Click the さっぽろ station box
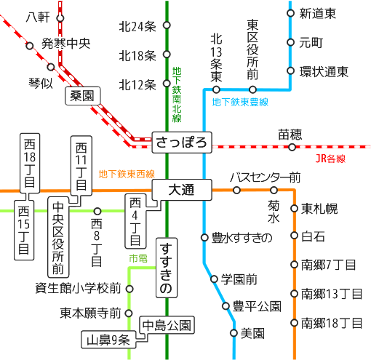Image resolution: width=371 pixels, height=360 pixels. pos(182,143)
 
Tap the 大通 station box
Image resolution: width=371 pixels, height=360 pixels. pos(182,190)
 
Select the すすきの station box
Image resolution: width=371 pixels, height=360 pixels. pos(167,268)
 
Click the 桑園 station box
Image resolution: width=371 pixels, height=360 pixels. pos(83,96)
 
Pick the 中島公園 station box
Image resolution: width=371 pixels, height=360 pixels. pos(167,325)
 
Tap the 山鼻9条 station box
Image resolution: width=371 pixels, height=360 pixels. pos(108,340)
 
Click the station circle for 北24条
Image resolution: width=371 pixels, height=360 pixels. pos(167,25)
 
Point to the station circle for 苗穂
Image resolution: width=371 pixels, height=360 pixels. pos(292,147)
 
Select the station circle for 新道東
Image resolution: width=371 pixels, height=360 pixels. pos(290,13)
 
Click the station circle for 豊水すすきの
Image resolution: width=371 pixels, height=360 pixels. pos(204,237)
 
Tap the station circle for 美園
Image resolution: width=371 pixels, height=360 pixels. pos(234,333)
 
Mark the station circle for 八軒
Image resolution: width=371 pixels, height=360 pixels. pos(60,18)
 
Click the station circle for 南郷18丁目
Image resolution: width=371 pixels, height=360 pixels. pos(294,323)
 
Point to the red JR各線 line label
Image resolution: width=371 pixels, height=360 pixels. pos(330,159)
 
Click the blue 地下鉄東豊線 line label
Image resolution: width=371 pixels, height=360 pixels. pos(240,102)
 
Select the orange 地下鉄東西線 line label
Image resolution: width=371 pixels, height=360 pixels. pos(127,174)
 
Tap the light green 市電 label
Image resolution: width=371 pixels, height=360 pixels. pos(138,258)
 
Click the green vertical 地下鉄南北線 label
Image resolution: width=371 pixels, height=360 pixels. pos(177,95)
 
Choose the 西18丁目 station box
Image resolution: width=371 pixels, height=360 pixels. pos(30,163)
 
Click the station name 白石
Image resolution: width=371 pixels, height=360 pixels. pos(313,236)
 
